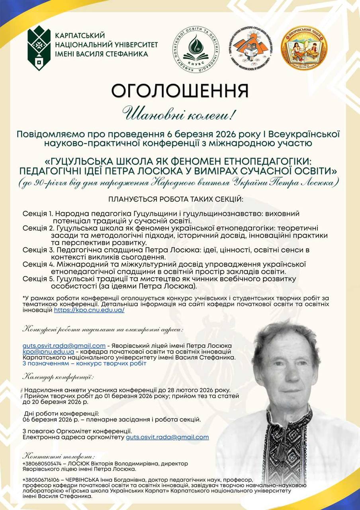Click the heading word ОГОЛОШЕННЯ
180,91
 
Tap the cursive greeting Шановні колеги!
180,114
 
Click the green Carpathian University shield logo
39,48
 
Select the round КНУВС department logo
195,49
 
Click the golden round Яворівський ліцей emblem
304,47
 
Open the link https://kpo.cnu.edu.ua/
89,310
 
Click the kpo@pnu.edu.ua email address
48,352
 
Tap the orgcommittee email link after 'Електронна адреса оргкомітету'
167,437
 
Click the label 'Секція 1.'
37,214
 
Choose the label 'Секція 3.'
38,250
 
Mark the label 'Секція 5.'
38,279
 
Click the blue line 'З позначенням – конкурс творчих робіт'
84,363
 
